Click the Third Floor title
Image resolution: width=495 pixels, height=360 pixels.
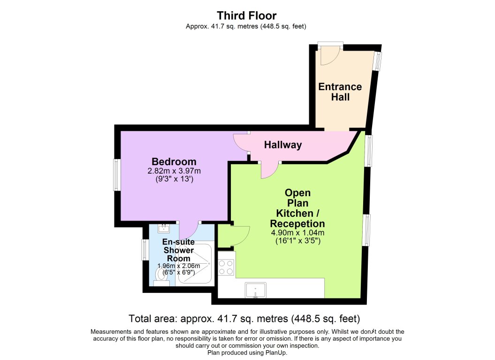(247, 16)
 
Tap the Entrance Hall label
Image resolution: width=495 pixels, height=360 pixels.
(340, 92)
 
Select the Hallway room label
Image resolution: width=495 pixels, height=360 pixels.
(282, 145)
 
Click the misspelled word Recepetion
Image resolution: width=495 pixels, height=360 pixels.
(297, 223)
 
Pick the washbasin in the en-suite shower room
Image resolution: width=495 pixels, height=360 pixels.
(164, 229)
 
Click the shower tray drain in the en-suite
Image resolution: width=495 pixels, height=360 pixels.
(209, 264)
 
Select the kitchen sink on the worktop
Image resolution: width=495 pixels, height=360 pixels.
(255, 290)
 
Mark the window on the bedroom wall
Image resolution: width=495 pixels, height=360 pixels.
(116, 175)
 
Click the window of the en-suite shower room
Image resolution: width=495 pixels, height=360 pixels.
(145, 250)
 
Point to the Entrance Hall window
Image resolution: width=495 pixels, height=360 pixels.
(378, 61)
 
